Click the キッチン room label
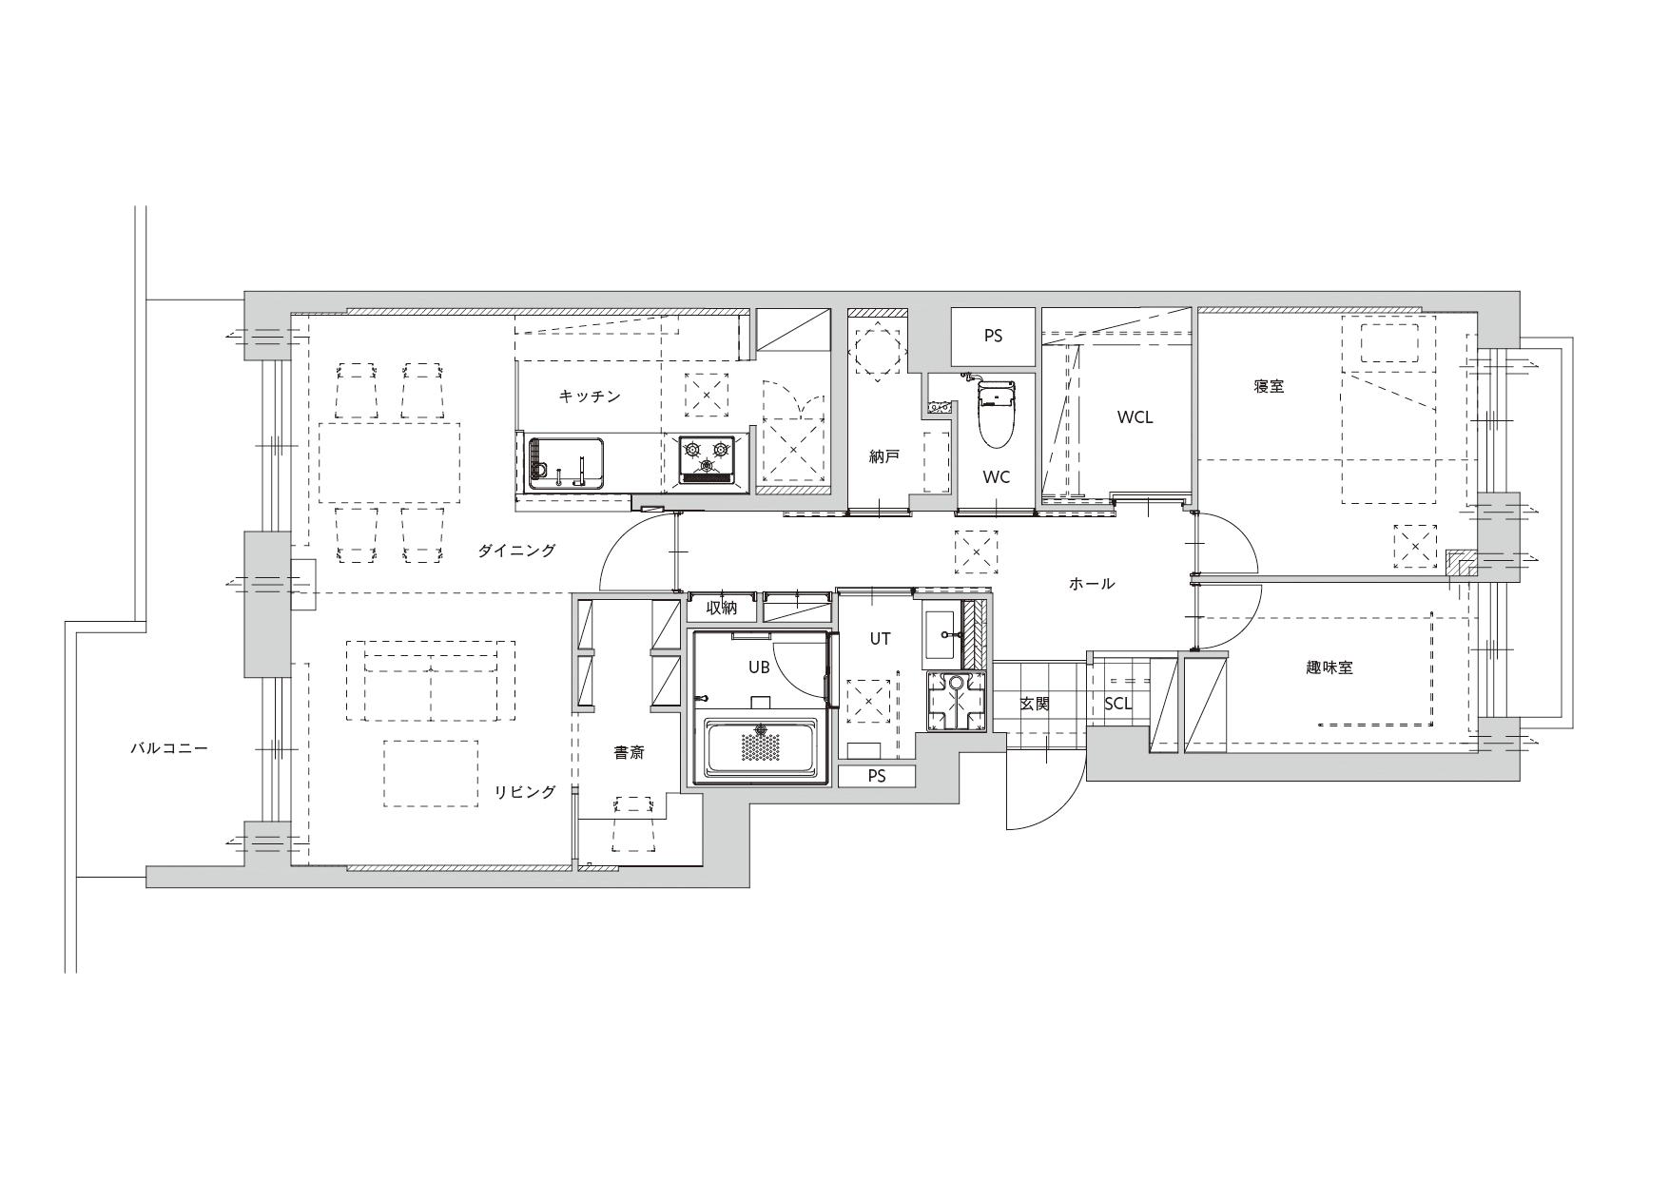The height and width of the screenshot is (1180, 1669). [x=590, y=397]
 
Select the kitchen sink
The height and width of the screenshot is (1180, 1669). [x=567, y=463]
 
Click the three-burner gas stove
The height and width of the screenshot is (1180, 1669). [x=707, y=459]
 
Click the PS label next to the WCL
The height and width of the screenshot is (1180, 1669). [x=993, y=337]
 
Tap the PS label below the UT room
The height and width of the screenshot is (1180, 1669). [x=876, y=777]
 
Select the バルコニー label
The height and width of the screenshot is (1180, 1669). [x=169, y=749]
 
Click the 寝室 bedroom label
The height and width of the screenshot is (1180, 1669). [x=1269, y=387]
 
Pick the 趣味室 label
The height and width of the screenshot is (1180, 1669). [x=1329, y=667]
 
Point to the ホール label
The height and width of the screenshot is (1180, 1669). [x=1091, y=584]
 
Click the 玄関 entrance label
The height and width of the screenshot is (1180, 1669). [x=1034, y=705]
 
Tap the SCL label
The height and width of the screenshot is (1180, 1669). [x=1118, y=705]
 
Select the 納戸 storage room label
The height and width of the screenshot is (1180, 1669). [x=884, y=457]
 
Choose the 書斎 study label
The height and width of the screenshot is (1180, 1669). [x=629, y=752]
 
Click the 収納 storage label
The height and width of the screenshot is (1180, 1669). [x=722, y=609]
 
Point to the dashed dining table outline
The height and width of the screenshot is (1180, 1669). [x=389, y=462]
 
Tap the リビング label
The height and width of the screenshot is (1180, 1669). [x=524, y=792]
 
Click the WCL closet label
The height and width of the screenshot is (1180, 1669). [x=1135, y=417]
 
